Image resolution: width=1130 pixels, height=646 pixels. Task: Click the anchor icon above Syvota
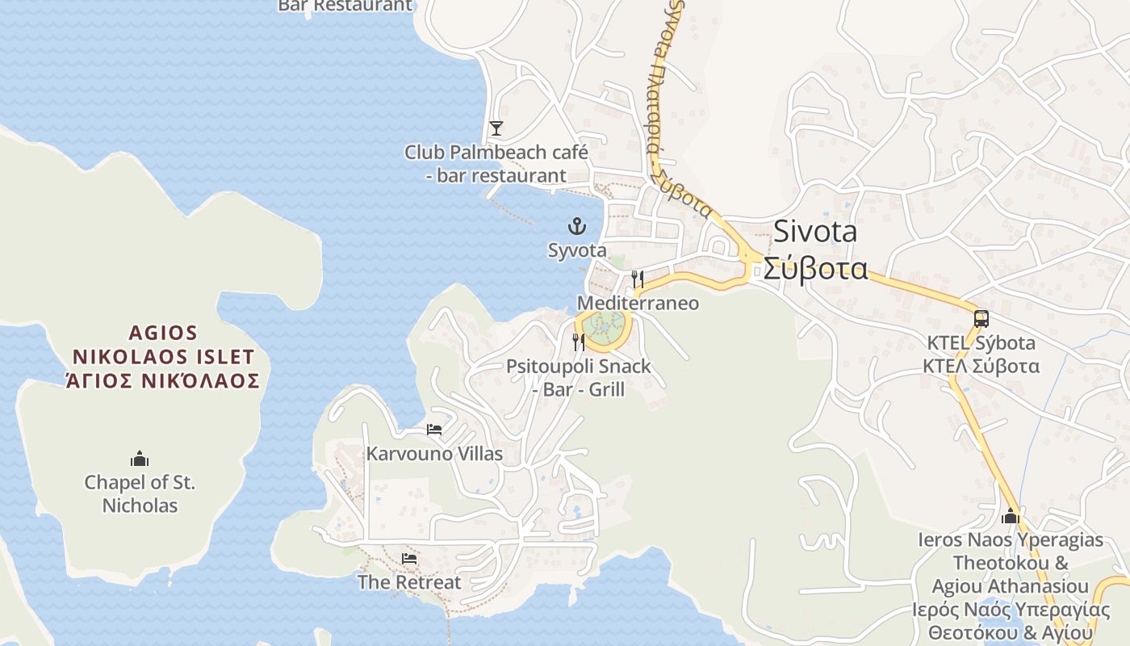[x=576, y=225]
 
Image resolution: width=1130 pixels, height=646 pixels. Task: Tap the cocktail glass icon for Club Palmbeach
[x=496, y=128]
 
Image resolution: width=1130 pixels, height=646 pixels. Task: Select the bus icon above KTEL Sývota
[x=981, y=319]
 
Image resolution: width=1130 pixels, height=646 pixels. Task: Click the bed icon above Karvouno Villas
[x=434, y=430]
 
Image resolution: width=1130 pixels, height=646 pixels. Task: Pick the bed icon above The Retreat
[x=409, y=559]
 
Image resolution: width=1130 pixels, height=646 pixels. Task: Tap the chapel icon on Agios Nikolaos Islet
[x=140, y=459]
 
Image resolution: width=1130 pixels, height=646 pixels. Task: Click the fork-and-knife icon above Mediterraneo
[x=638, y=279]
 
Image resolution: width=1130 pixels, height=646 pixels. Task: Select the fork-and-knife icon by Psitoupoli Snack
[x=578, y=342]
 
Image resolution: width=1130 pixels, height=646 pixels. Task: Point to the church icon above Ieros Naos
[x=1011, y=516]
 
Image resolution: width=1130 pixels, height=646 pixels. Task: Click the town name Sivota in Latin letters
[x=815, y=232]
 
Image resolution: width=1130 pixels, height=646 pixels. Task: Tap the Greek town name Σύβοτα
[x=815, y=268]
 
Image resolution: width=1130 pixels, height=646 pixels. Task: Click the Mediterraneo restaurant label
[x=638, y=304]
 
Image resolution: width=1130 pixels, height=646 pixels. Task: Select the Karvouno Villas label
[x=434, y=454]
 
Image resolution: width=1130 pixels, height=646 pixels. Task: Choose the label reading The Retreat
[x=409, y=582]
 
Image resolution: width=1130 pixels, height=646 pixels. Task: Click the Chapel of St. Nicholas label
[x=140, y=494]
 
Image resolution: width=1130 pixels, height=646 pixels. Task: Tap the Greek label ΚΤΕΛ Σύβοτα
[x=981, y=367]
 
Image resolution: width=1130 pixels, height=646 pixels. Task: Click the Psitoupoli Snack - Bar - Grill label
[x=578, y=378]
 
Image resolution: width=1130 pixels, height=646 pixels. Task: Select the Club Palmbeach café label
[x=496, y=163]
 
